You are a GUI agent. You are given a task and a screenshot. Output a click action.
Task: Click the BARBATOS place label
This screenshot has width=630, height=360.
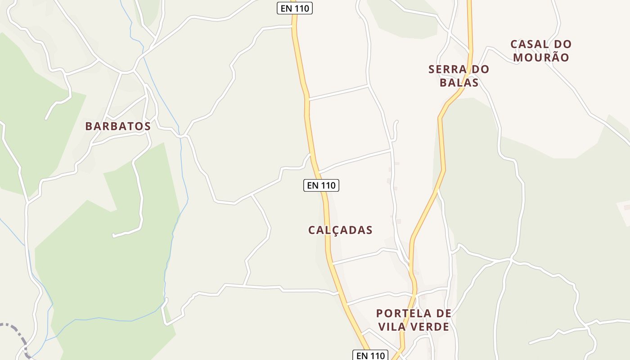coord(118,126)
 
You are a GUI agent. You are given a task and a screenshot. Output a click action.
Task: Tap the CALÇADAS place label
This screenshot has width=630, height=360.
coord(340,230)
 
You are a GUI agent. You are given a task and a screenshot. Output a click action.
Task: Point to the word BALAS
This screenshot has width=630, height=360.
coord(459,83)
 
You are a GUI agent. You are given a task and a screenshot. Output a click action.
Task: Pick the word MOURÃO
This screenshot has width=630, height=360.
coord(541,58)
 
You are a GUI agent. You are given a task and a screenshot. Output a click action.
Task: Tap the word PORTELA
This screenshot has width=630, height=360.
coord(398,313)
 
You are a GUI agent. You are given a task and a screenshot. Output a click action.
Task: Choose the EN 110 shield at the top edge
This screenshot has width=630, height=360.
coord(295,8)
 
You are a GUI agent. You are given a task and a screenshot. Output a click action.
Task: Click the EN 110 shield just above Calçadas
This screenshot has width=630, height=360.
coord(321,185)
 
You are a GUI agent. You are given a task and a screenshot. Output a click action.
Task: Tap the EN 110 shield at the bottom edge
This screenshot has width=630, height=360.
coord(370,355)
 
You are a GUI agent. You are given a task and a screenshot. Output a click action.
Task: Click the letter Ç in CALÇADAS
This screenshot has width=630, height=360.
coord(336,230)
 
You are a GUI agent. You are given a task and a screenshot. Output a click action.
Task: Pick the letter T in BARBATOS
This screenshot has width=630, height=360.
coord(128,126)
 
